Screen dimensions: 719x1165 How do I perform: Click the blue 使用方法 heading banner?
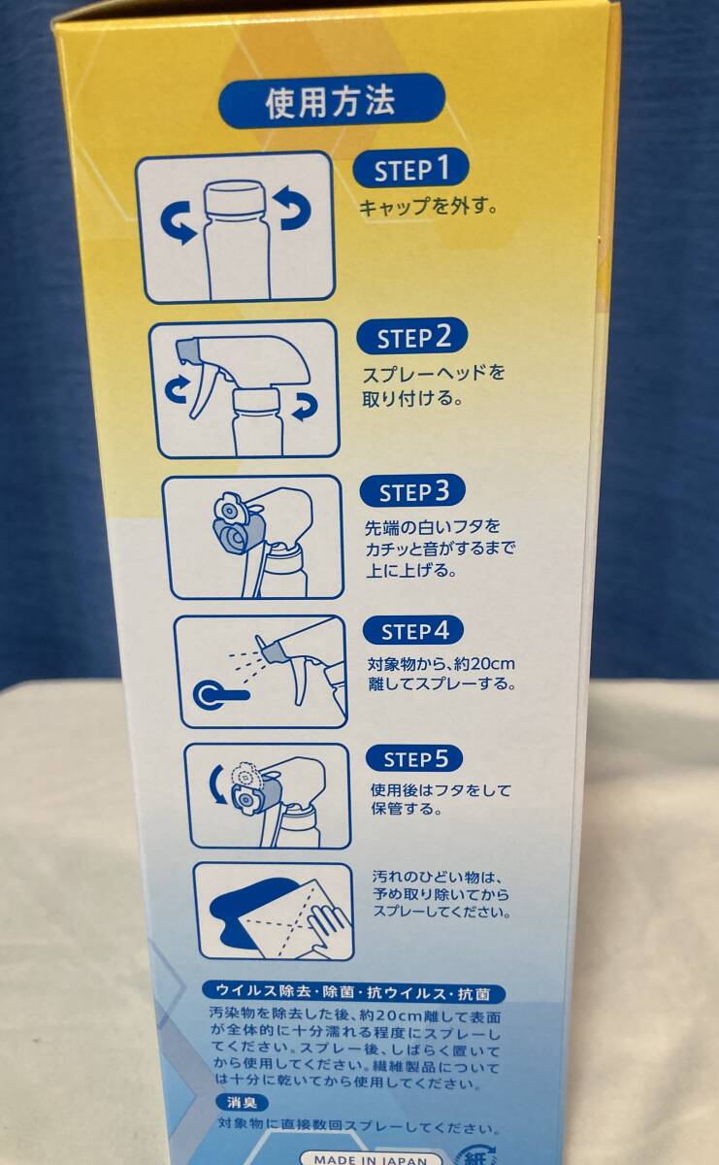(x=331, y=101)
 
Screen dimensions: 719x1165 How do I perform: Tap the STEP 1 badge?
(x=410, y=169)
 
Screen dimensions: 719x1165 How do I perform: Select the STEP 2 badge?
(x=411, y=337)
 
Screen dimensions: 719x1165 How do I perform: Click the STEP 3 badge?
(x=412, y=491)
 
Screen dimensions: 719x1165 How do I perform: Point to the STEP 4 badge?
(x=413, y=631)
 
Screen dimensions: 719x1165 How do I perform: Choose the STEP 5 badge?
(x=414, y=759)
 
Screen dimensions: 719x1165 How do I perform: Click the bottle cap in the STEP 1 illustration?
(x=234, y=198)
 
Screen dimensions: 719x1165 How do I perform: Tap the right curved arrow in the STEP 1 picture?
(x=294, y=209)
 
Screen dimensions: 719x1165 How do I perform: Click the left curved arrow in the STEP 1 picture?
(x=180, y=222)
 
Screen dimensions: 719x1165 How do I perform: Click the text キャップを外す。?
(x=428, y=207)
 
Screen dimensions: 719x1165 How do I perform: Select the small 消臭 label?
(x=242, y=1102)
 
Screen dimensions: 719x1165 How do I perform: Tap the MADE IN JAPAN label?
(x=371, y=1158)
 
